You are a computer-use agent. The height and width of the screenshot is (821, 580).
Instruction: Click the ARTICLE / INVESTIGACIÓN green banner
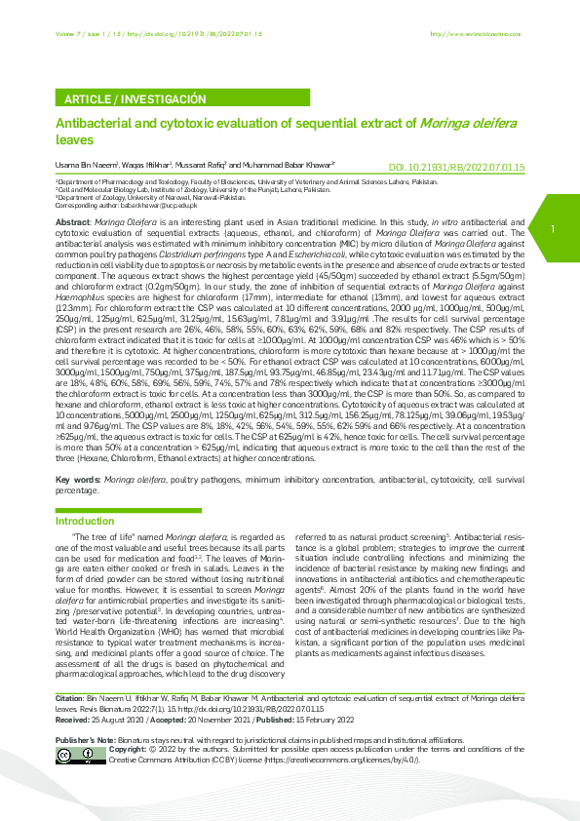[135, 99]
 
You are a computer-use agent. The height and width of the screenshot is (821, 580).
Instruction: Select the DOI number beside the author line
[456, 168]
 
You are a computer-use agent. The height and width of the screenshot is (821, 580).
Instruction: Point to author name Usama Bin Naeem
[79, 167]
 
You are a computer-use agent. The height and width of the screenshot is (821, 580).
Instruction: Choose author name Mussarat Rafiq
[201, 167]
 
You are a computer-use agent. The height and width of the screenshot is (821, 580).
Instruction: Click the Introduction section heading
[85, 521]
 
